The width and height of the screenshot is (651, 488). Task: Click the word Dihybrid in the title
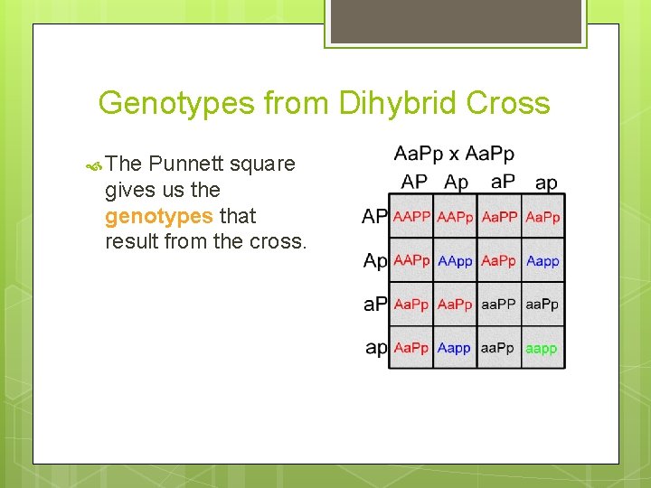coord(398,103)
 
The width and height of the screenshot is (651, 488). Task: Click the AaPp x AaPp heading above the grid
coord(454,155)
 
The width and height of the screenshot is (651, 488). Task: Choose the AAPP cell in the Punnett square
coord(411,217)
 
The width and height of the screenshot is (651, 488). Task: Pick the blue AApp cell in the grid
coord(455,261)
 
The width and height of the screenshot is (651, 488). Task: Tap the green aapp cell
coord(542,348)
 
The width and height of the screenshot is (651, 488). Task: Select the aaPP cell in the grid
coord(498,305)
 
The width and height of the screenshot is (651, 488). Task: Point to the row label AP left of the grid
coord(374,217)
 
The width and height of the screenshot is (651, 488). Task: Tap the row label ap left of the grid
coord(375,348)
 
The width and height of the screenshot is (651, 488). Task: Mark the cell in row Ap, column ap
coord(542,261)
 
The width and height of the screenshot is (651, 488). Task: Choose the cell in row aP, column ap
coord(542,305)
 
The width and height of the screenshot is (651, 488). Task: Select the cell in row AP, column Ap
coord(455,217)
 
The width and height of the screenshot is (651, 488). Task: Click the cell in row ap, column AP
coord(411,348)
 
